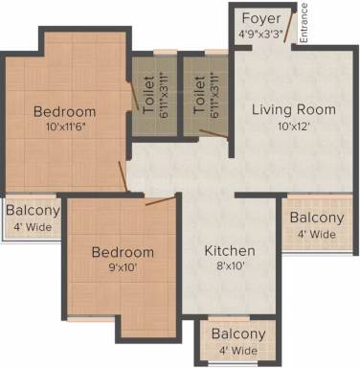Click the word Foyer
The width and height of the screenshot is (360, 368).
(x=261, y=19)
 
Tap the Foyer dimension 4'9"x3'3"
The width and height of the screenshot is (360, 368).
(x=260, y=34)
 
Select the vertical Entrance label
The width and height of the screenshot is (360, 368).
(x=304, y=23)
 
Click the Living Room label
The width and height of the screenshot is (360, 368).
(x=294, y=109)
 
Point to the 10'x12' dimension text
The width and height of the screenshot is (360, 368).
(x=294, y=126)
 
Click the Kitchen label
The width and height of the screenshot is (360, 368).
(x=230, y=251)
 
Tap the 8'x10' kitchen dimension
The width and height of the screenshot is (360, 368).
(x=230, y=265)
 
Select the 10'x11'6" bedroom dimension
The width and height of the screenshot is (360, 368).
(x=66, y=126)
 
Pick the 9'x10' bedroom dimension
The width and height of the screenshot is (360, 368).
(x=123, y=267)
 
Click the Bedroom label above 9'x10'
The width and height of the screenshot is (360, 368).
(x=123, y=252)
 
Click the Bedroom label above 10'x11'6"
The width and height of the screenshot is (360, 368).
(x=65, y=112)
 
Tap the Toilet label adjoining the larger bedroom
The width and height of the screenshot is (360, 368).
(x=149, y=95)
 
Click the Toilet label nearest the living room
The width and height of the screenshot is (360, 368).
(x=199, y=95)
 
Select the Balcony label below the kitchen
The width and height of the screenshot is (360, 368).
(x=238, y=334)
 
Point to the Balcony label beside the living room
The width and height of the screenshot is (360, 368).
(x=317, y=218)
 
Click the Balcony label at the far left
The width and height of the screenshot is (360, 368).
(x=34, y=211)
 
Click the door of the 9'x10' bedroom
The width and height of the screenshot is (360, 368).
(x=161, y=201)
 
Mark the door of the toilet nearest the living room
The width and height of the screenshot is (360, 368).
(x=214, y=134)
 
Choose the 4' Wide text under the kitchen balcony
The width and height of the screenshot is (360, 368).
(x=238, y=351)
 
